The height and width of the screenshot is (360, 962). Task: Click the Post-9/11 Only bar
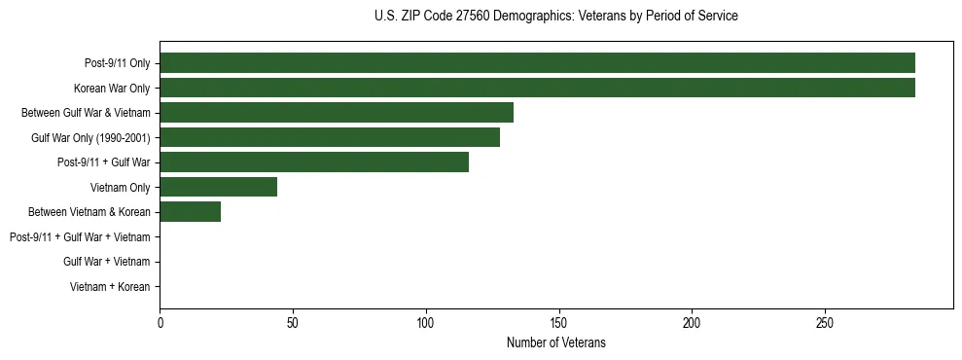pos(537,63)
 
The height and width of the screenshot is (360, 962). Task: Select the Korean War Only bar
pos(537,88)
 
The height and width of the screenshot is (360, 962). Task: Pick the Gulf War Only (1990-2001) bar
pos(330,137)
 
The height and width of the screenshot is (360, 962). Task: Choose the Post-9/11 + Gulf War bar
pos(314,162)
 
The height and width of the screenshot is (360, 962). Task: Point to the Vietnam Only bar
pos(218,187)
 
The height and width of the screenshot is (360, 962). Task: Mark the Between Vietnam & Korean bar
pos(190,212)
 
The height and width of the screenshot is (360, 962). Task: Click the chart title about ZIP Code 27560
pos(555,17)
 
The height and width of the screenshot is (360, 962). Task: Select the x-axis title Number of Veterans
pos(555,342)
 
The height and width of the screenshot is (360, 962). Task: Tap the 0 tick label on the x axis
pos(160,322)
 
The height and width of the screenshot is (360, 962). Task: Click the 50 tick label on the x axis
pos(293,322)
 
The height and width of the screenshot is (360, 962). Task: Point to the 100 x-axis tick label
pos(426,322)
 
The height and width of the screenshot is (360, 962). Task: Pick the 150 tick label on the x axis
pos(558,322)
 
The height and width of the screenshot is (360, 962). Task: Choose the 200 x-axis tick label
pos(692,322)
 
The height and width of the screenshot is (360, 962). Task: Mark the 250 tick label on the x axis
pos(825,322)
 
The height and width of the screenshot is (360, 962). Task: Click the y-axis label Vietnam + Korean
pos(110,287)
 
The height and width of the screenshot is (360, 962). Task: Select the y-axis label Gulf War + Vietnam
pos(106,262)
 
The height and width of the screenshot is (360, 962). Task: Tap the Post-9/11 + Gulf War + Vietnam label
pos(80,237)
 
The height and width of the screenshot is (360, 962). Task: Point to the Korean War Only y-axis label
pos(112,89)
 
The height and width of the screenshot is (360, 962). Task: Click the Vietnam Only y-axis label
pos(120,188)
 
